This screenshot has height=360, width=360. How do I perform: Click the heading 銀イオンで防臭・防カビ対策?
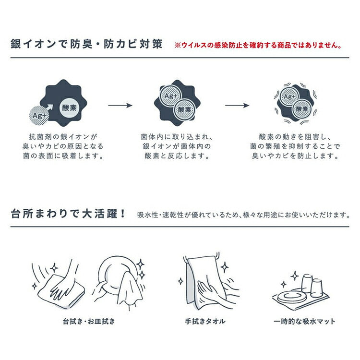86,44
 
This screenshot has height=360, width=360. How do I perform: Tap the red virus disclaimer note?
258,45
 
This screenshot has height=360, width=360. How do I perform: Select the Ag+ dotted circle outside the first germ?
38,115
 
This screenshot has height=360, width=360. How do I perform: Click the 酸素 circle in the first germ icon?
69,108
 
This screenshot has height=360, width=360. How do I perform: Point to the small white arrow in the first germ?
50,108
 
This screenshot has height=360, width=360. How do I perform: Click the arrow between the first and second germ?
120,106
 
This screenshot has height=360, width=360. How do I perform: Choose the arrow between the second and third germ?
237,106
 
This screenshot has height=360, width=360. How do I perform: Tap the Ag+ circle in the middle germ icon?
170,96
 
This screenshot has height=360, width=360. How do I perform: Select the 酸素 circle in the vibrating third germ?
302,109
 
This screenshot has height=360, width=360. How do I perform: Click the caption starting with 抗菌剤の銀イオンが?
63,146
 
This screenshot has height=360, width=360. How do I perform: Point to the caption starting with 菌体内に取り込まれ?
177,146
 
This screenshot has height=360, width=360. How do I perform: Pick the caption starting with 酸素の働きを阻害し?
295,146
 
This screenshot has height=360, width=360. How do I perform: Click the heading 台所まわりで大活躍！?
68,214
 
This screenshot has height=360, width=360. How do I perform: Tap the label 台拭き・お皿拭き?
89,321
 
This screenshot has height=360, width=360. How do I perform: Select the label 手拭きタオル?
205,321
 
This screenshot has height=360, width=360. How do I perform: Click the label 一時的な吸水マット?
304,321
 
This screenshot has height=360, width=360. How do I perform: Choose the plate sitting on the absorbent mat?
290,297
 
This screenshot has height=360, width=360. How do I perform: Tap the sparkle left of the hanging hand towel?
181,281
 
